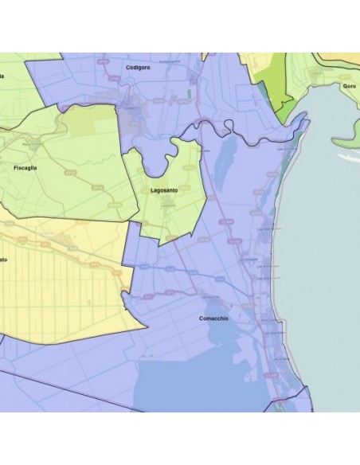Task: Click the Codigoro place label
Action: [139, 68]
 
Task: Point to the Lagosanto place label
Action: [163, 191]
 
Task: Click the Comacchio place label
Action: [213, 318]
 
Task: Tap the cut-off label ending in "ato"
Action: [4, 260]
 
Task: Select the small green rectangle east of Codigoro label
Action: [190, 93]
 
